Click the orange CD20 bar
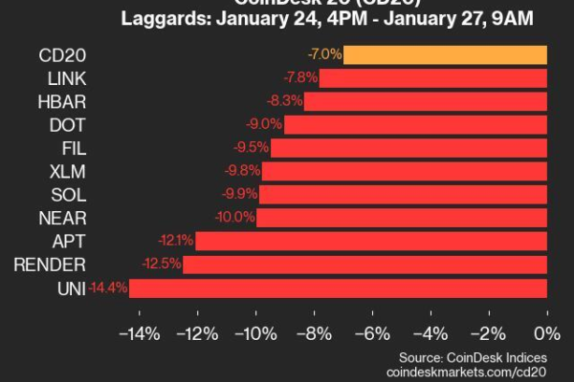(445, 54)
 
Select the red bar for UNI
(338, 287)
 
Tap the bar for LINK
(432, 77)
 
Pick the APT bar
(371, 241)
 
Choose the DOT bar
(415, 124)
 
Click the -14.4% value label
(107, 287)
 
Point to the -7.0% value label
(325, 54)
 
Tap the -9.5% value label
(251, 147)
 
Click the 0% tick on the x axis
(547, 333)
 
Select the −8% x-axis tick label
(313, 333)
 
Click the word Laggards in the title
(164, 17)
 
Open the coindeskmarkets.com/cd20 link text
(466, 371)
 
